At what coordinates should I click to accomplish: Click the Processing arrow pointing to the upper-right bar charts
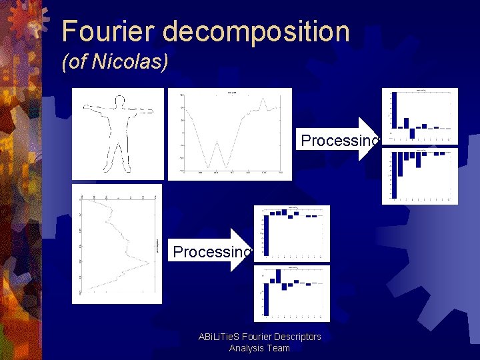340,140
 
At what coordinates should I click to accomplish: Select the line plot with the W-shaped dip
229,133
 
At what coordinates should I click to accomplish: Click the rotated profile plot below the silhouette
117,244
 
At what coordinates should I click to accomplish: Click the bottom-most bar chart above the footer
292,293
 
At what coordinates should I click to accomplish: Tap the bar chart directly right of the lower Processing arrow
292,233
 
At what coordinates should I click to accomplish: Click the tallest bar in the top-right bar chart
394,111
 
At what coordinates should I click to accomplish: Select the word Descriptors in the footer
297,337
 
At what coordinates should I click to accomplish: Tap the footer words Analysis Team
259,348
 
